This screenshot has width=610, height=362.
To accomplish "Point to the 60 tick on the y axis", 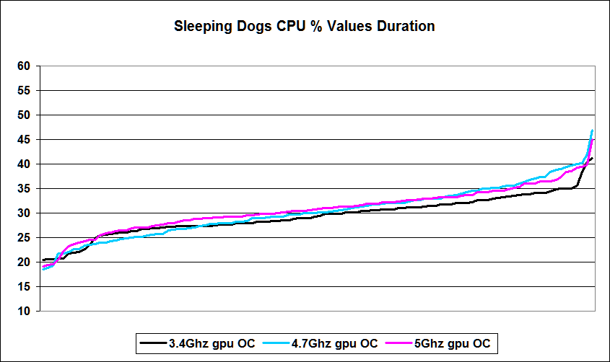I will [x=24, y=66].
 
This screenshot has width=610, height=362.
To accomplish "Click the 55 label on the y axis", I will [x=24, y=91].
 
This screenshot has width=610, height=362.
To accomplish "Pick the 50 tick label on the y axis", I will [x=24, y=115].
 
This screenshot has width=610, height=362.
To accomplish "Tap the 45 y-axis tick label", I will [x=24, y=140].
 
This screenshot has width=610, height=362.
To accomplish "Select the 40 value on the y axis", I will [x=24, y=164].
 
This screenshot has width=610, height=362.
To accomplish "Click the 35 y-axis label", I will [x=24, y=189].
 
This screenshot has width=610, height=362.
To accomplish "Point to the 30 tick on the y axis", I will [x=24, y=213].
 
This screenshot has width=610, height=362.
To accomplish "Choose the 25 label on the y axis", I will [x=24, y=238].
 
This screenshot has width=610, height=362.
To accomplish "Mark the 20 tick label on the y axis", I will [x=24, y=262].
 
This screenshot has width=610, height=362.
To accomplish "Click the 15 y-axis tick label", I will [x=24, y=287].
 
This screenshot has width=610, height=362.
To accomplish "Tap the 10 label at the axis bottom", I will [x=24, y=312].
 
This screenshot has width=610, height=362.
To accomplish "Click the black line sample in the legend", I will [x=152, y=343].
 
